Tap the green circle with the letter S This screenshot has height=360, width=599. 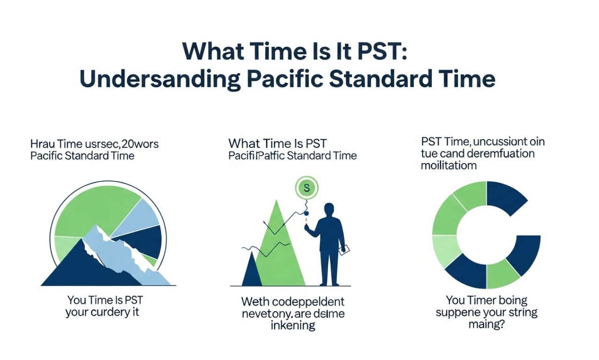(x=307, y=189)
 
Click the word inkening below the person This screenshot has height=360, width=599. (x=293, y=325)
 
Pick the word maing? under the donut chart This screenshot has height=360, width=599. (x=486, y=324)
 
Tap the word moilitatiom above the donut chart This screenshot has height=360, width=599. (x=449, y=166)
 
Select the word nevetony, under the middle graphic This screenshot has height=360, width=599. (x=267, y=313)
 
